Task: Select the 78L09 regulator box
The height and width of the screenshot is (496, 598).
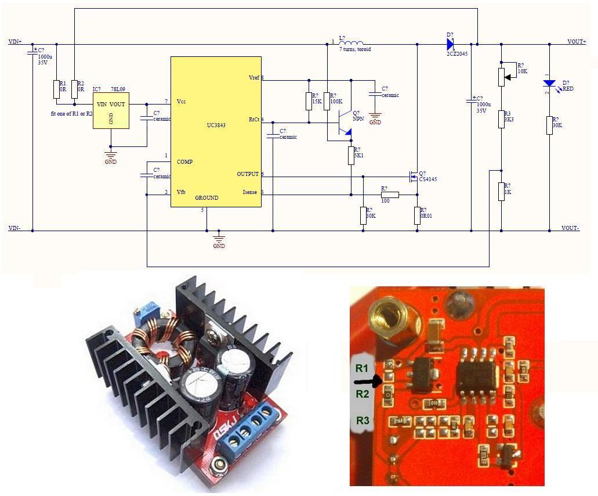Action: click(x=111, y=111)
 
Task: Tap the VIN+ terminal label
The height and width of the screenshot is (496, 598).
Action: click(x=15, y=42)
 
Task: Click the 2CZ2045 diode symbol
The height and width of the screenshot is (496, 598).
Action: click(x=450, y=44)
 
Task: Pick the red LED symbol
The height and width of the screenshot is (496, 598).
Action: click(x=549, y=84)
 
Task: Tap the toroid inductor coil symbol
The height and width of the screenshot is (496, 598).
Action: click(x=351, y=42)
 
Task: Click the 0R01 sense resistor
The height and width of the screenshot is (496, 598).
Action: click(x=417, y=215)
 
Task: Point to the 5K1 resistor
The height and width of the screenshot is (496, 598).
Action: click(x=351, y=156)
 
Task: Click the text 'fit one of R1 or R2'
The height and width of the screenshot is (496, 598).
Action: click(x=71, y=113)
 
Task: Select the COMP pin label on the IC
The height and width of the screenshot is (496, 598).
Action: click(x=184, y=161)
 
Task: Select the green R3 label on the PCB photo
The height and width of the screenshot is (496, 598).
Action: click(x=363, y=420)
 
